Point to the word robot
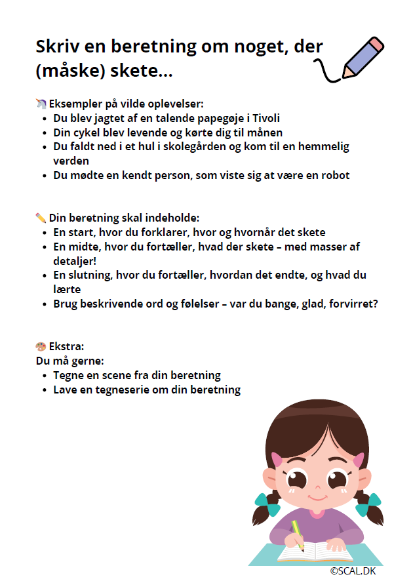(334, 175)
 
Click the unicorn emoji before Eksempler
(41, 104)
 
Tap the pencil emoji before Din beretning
(41, 218)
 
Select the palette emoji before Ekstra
(41, 346)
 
